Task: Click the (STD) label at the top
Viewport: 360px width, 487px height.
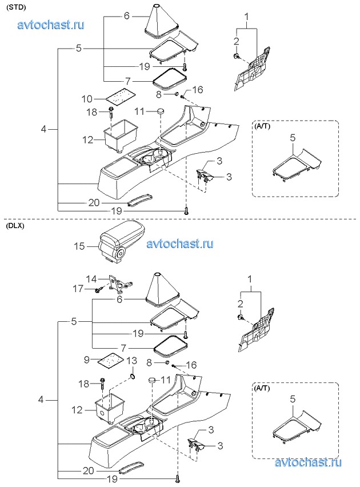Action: coord(15,8)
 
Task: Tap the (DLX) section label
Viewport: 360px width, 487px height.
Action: coord(15,226)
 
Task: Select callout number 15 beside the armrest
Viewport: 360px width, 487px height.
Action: coord(79,246)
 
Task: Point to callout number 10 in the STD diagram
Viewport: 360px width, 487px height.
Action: coord(87,99)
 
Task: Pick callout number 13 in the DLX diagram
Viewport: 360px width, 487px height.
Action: coord(131,361)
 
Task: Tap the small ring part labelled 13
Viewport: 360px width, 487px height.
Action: coord(132,377)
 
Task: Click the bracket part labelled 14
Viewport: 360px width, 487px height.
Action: coord(119,284)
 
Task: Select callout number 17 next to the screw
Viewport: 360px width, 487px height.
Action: coord(78,289)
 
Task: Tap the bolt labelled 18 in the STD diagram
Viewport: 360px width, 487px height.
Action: coord(111,113)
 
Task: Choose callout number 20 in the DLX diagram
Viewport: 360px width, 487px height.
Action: coord(89,471)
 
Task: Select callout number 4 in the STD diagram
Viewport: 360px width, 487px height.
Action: coord(43,129)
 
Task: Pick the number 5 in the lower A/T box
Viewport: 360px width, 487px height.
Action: coord(293,399)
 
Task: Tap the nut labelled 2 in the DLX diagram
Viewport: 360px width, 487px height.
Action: coord(241,317)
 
